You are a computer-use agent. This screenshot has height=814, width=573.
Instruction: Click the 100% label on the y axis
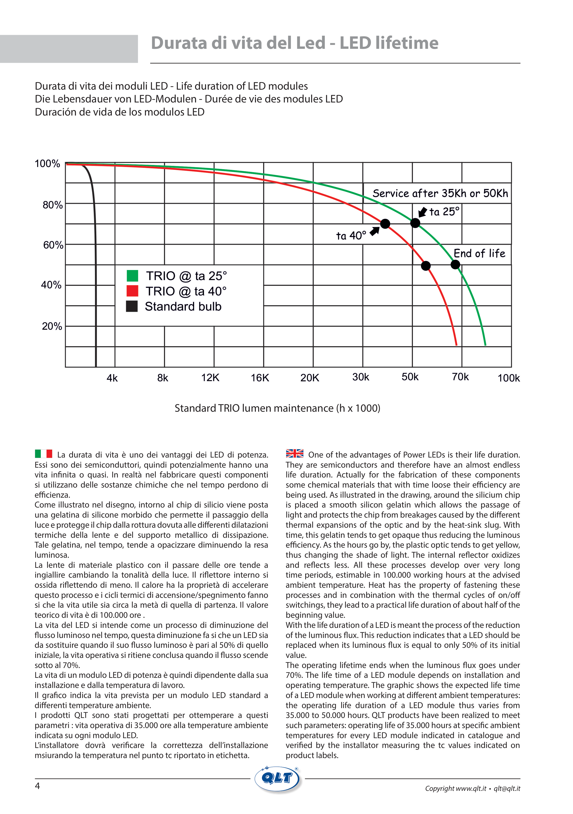pos(47,164)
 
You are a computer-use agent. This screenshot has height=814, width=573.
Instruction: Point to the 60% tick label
pos(53,245)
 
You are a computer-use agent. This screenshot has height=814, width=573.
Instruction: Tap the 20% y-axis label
pos(52,326)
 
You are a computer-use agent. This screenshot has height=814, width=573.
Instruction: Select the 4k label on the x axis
pos(112,378)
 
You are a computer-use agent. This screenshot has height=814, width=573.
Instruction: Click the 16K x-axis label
pos(260,378)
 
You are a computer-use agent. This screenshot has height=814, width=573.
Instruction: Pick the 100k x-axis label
pos(508,378)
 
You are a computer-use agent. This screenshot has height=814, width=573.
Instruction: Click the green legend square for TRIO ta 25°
pos(132,276)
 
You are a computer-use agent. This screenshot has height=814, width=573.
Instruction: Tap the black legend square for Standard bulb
pos(132,306)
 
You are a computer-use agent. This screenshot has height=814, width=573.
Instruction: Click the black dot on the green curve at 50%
pos(455,265)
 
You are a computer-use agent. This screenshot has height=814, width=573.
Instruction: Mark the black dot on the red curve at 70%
pos(385,224)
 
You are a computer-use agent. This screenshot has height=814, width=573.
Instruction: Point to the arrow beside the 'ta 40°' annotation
pos(375,231)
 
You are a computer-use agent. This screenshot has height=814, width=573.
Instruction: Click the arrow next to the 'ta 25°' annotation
pos(422,212)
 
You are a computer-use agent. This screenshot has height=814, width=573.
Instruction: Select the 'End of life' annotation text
pos(479,254)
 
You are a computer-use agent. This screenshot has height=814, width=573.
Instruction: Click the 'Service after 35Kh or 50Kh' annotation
pos(440,193)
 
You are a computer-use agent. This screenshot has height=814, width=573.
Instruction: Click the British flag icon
pos(295,453)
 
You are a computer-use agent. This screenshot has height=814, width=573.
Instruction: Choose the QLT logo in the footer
pos(278,778)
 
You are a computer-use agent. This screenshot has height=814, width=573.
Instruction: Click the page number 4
pos(37,786)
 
